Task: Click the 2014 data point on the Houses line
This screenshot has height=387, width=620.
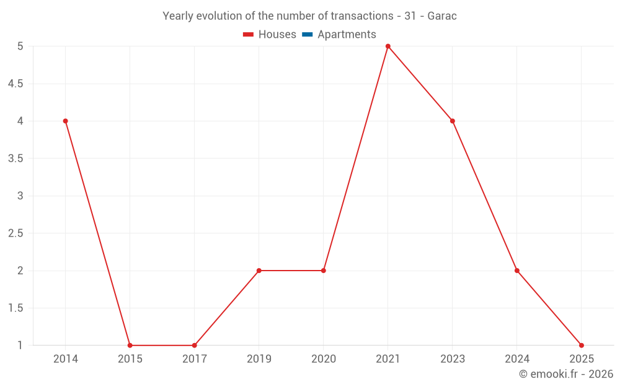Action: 65,121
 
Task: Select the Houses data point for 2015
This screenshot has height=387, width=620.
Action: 130,346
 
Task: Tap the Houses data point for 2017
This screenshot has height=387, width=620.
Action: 194,346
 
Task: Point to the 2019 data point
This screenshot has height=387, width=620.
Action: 259,271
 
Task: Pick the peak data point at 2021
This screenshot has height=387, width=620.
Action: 388,46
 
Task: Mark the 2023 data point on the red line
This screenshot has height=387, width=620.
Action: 453,121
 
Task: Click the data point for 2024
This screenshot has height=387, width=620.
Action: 517,271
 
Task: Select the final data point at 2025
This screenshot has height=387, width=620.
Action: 582,346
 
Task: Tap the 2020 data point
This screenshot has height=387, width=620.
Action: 324,271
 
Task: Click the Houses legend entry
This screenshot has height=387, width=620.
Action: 270,35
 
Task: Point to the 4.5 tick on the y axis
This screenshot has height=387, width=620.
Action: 15,84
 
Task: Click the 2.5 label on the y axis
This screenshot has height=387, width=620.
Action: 15,233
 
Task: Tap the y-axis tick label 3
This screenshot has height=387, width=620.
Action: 20,196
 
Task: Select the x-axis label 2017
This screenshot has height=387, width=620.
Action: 194,359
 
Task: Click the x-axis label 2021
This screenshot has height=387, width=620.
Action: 388,359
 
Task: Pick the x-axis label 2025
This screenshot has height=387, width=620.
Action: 582,359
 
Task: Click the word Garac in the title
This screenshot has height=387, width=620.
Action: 442,16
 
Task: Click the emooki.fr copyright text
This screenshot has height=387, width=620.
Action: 566,374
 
